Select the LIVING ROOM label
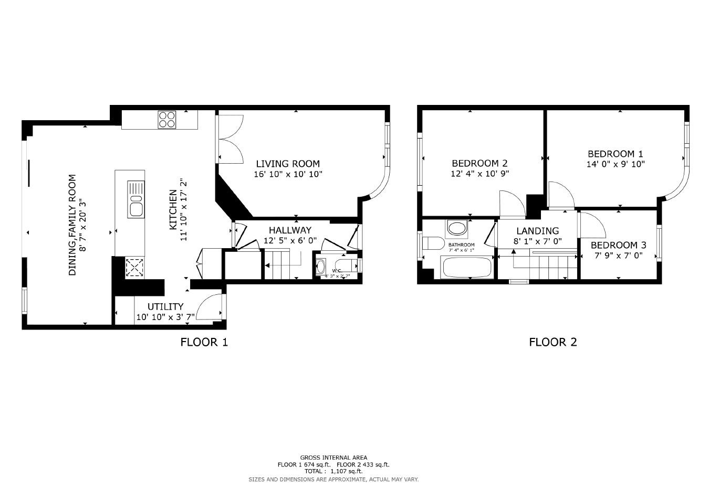[x=288, y=164]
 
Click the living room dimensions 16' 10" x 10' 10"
[x=288, y=174]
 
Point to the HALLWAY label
[x=290, y=230]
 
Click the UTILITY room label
[x=165, y=306]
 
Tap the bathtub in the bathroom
[x=467, y=268]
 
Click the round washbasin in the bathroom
[x=457, y=228]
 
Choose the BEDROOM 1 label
[x=615, y=154]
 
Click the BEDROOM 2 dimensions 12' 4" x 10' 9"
[x=479, y=173]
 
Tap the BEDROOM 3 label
[x=618, y=245]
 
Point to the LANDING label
[x=537, y=231]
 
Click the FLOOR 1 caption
[x=204, y=343]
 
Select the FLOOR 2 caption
[x=552, y=343]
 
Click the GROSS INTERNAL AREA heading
[x=333, y=458]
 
